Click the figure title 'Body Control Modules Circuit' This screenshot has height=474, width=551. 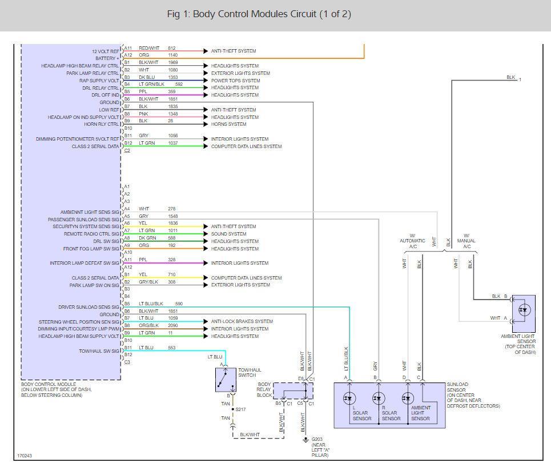tap(255, 14)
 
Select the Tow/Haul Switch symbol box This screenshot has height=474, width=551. tap(226, 380)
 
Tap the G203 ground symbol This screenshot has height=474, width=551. tap(305, 440)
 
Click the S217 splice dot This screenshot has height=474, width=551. tap(232, 409)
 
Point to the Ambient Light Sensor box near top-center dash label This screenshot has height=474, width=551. tap(524, 314)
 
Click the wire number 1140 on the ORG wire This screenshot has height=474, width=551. tap(173, 55)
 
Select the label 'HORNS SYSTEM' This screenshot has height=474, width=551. tap(229, 124)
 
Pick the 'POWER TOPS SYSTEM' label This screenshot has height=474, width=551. tap(235, 81)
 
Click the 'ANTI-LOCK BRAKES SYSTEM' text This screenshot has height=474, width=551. tap(242, 321)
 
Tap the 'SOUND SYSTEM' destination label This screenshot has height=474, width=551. tap(229, 234)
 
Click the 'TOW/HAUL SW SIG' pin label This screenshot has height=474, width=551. tap(99, 351)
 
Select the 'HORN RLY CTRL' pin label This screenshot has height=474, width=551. tap(102, 124)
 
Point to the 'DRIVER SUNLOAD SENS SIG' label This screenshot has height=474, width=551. tap(89, 307)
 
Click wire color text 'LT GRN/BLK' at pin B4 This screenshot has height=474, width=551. tap(151, 84)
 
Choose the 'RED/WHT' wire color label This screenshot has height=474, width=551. tap(149, 48)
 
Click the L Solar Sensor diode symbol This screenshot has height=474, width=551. tap(349, 399)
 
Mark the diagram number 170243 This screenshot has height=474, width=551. tap(25, 456)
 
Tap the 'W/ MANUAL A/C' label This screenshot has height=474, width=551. tap(466, 241)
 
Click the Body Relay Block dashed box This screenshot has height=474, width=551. tap(293, 391)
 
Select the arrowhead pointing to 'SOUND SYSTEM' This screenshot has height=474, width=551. tap(206, 234)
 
